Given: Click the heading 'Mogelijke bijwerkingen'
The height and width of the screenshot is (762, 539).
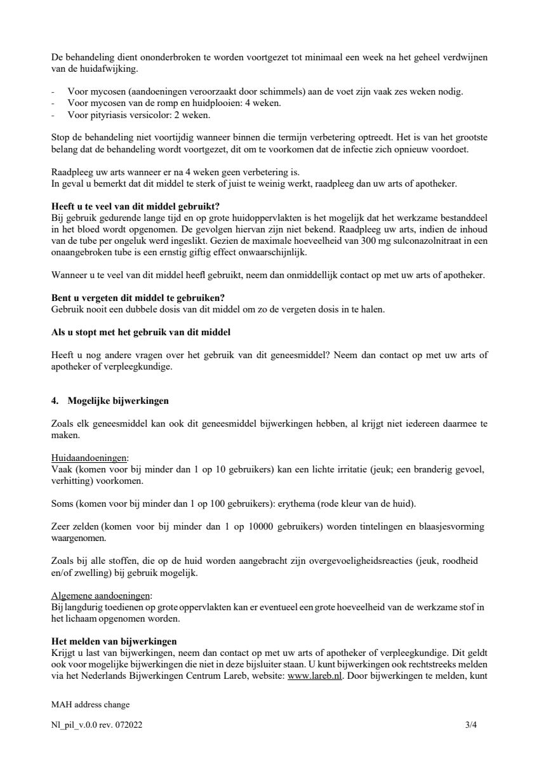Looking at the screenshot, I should [117, 401].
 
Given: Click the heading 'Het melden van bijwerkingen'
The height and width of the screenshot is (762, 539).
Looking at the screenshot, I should [114, 641].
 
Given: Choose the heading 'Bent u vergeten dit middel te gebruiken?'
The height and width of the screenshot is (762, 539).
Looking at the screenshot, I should [138, 298].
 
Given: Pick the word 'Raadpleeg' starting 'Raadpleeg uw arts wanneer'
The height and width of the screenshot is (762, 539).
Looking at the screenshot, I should [72, 172].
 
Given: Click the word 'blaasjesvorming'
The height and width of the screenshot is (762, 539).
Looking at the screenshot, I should [455, 526].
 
